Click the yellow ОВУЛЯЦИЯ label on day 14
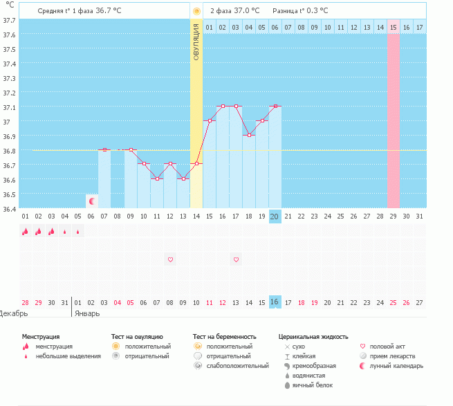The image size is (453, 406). pyautogui.click(x=196, y=41)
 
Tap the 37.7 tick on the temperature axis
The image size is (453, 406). pyautogui.click(x=9, y=20)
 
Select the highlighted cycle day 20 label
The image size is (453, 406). pyautogui.click(x=275, y=216)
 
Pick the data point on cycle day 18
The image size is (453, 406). pyautogui.click(x=249, y=135)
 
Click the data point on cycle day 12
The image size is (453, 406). pyautogui.click(x=170, y=164)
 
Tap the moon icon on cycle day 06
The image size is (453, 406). pyautogui.click(x=91, y=201)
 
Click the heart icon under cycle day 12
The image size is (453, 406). pyautogui.click(x=170, y=259)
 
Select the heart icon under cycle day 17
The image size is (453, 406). pyautogui.click(x=236, y=259)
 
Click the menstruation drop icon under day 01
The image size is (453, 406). pyautogui.click(x=26, y=232)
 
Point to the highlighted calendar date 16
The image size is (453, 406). pyautogui.click(x=275, y=302)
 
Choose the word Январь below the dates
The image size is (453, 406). pyautogui.click(x=86, y=313)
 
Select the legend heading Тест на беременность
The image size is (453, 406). pyautogui.click(x=229, y=335)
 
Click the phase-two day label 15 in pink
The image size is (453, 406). pyautogui.click(x=393, y=27)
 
